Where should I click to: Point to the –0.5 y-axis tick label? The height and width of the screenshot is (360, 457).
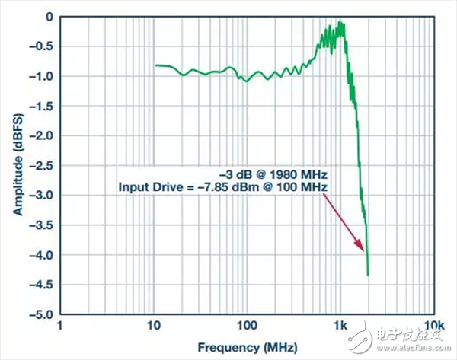[x=45, y=46]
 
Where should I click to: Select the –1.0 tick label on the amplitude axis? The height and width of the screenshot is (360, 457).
[x=45, y=76]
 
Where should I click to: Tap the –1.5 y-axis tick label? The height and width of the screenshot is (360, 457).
[x=45, y=106]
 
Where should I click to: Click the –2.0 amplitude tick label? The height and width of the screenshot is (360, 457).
[x=45, y=135]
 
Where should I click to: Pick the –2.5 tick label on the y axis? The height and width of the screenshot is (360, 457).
[x=45, y=165]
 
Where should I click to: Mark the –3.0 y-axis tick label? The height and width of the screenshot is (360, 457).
[x=45, y=195]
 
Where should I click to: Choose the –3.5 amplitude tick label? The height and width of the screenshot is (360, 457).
[x=45, y=225]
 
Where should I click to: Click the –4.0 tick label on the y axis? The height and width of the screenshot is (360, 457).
[x=45, y=254]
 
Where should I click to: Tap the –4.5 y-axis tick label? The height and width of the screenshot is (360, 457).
[x=45, y=284]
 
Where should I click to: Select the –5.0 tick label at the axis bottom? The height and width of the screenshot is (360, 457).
[x=45, y=314]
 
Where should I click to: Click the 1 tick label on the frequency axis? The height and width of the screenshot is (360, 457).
[x=61, y=325]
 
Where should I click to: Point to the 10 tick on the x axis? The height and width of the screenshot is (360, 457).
[x=154, y=325]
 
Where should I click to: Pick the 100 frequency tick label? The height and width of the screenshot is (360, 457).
[x=247, y=325]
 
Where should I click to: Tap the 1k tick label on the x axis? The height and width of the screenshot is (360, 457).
[x=340, y=325]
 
